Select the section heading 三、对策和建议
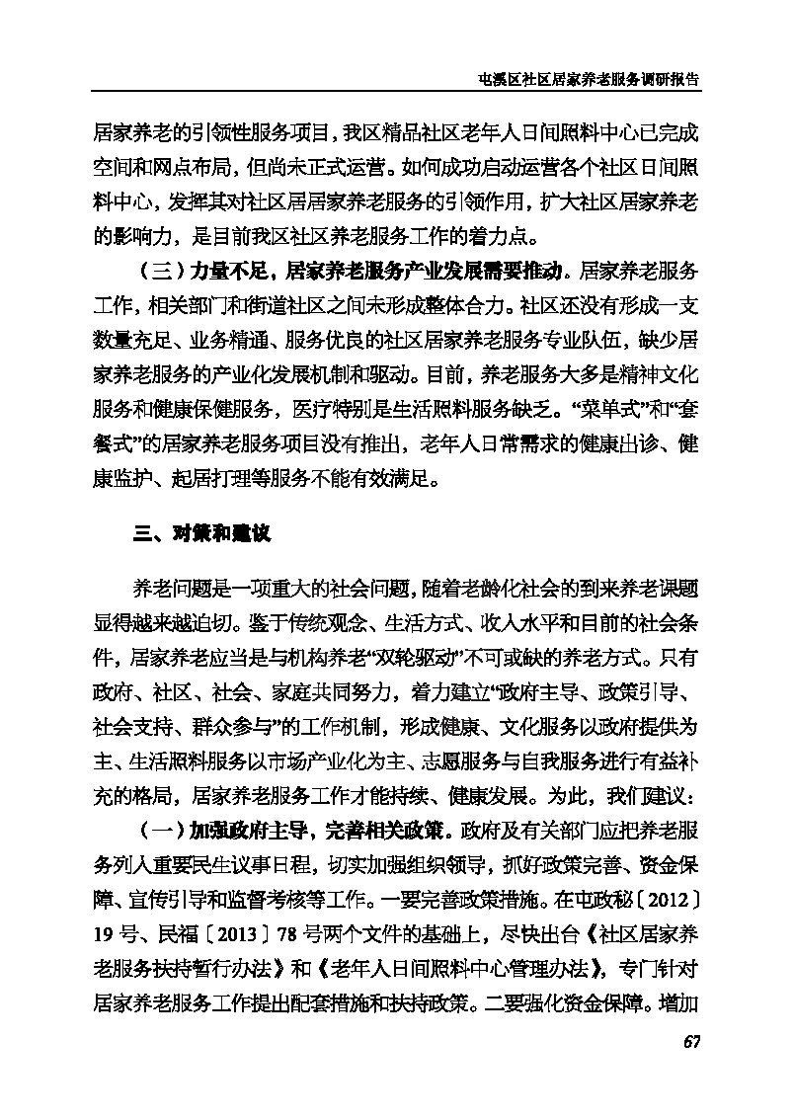[200, 535]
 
